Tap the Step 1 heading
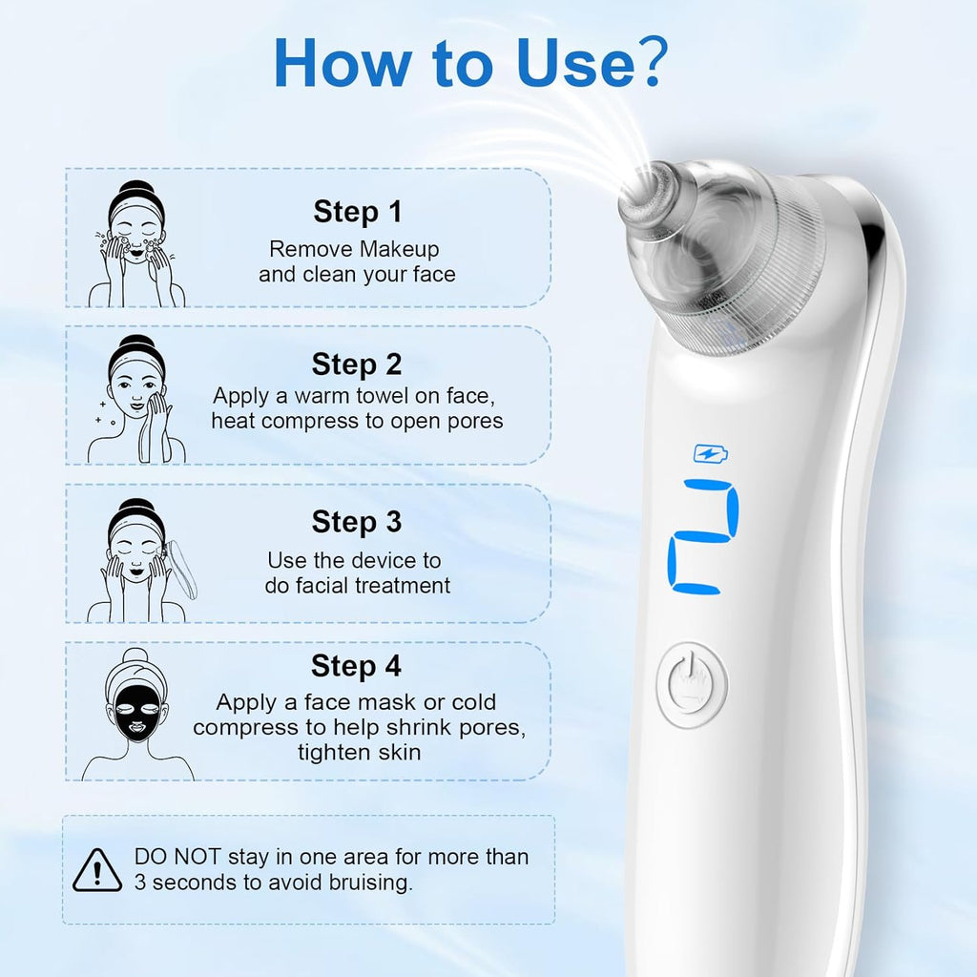[x=358, y=212]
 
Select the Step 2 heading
[x=357, y=364]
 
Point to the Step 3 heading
[x=357, y=522]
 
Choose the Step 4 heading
[x=357, y=666]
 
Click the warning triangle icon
[x=97, y=869]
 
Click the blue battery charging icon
[x=709, y=454]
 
